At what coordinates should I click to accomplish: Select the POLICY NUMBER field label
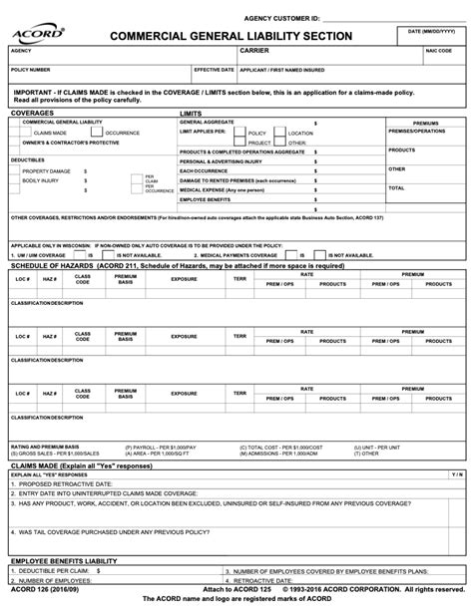coord(31,71)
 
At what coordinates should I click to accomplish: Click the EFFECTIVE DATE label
coord(214,71)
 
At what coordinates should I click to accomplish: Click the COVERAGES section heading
coord(33,114)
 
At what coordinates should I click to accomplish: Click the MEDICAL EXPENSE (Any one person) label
coord(223,189)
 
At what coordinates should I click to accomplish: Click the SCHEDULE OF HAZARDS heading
coord(53,266)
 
